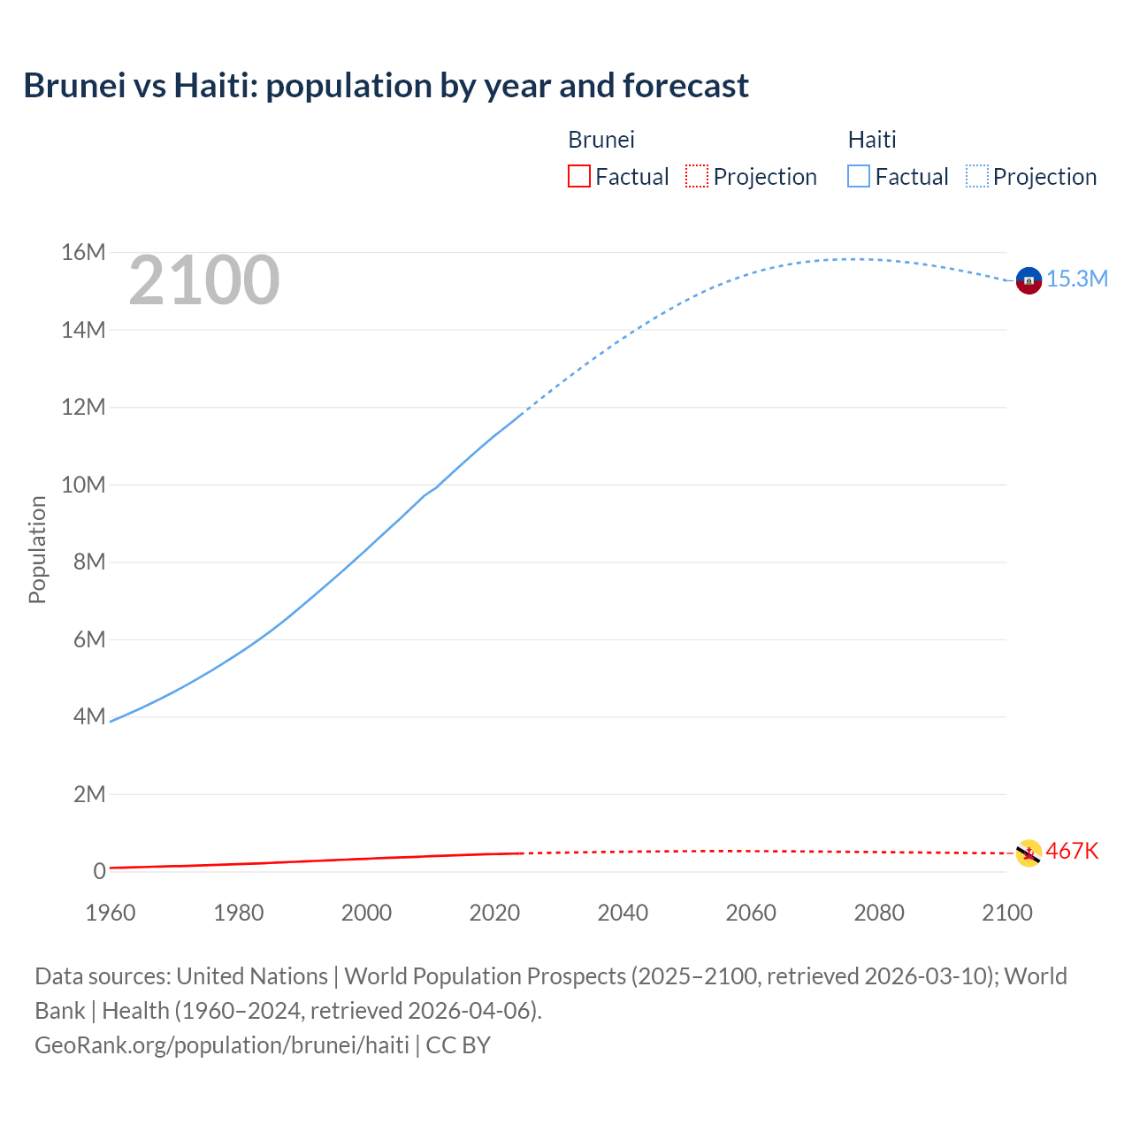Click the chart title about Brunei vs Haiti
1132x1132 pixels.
(x=386, y=86)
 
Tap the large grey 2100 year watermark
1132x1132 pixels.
(x=204, y=280)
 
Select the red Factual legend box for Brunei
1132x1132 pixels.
(x=578, y=176)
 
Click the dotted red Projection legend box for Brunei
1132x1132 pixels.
(x=697, y=176)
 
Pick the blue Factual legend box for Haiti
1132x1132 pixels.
(x=858, y=176)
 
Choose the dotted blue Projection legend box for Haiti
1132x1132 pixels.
(x=976, y=176)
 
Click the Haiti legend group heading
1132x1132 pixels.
(x=871, y=140)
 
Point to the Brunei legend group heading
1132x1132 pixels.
(x=600, y=140)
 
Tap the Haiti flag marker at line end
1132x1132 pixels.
(x=1028, y=280)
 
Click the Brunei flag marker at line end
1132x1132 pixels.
(x=1028, y=853)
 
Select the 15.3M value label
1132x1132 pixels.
(x=1076, y=279)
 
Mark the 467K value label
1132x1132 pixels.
(x=1072, y=851)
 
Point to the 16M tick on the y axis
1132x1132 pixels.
(x=83, y=253)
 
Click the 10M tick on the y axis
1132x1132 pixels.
(x=83, y=485)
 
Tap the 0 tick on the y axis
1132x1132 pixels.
(x=99, y=871)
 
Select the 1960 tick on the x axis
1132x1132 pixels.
(x=111, y=913)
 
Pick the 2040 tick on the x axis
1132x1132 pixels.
(x=623, y=913)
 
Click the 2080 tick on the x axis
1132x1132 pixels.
(x=878, y=913)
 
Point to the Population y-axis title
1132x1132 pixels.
(x=37, y=549)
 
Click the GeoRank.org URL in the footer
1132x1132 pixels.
(x=222, y=1044)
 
